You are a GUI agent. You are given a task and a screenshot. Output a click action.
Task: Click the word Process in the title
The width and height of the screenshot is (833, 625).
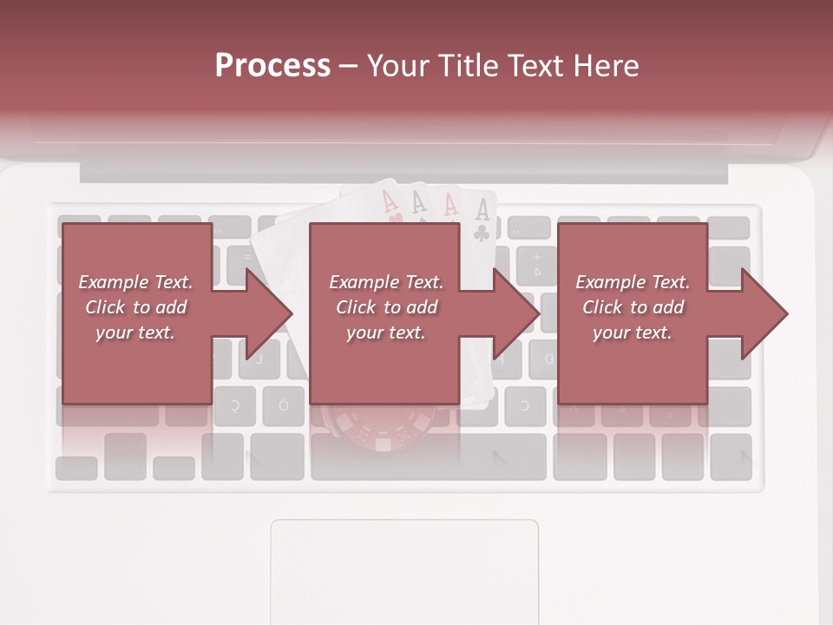point(272,65)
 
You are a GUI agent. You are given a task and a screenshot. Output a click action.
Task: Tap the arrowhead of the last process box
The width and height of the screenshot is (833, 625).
point(764,313)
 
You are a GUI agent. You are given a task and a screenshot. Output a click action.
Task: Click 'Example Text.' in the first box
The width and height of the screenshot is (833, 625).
point(135,282)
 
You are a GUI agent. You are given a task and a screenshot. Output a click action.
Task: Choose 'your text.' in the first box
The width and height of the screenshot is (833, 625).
point(135,332)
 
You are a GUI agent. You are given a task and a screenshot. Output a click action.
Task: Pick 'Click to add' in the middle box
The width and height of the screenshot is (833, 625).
point(386,307)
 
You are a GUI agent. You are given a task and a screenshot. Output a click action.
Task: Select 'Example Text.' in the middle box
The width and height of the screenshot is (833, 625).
point(386,282)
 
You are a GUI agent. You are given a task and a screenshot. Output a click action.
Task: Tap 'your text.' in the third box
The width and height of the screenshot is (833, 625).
point(633,332)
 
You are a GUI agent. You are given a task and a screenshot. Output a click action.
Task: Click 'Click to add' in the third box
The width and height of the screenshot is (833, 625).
point(633,307)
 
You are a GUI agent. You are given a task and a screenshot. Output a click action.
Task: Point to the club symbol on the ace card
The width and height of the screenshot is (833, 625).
point(482,233)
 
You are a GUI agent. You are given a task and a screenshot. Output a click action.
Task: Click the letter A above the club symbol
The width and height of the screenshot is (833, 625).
point(482,209)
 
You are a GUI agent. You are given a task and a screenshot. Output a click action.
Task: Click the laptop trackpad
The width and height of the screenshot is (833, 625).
point(404,569)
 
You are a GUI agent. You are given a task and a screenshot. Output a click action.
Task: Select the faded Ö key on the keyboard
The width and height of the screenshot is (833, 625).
point(283,405)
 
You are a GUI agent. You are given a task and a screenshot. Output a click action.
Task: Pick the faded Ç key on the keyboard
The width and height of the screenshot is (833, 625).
point(235,405)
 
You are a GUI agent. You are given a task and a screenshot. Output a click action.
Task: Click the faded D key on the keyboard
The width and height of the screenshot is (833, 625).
point(548,359)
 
